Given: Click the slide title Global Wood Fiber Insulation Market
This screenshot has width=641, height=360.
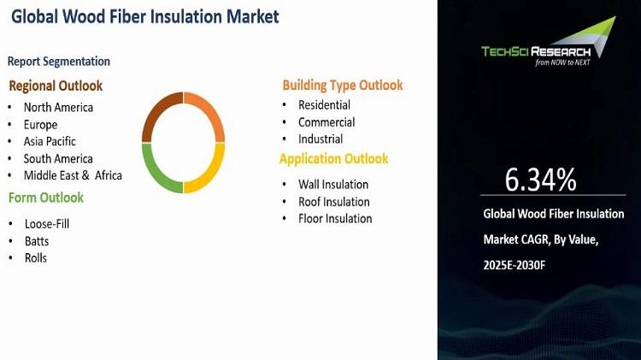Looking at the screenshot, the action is click(x=145, y=17).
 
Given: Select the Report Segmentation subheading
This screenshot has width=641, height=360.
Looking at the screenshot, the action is click(x=59, y=62).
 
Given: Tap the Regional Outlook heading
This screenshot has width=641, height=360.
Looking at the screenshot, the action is click(x=56, y=86).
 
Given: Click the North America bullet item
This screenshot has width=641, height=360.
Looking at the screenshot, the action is click(x=58, y=107).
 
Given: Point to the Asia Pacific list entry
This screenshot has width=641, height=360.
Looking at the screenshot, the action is click(x=50, y=142).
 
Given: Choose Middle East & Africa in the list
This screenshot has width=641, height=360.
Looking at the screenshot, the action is click(x=73, y=175).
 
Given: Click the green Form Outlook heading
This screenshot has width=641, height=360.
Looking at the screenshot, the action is click(x=46, y=198).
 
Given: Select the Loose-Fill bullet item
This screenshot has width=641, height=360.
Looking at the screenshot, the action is click(x=47, y=224).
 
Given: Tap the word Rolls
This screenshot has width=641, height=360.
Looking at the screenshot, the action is click(x=36, y=258).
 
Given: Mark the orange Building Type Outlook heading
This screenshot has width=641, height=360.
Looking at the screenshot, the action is click(x=343, y=86).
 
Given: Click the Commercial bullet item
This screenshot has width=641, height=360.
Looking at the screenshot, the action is click(x=326, y=122).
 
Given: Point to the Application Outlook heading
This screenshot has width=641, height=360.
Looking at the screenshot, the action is click(x=333, y=159).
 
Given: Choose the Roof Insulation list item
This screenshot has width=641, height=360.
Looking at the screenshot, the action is click(x=334, y=202).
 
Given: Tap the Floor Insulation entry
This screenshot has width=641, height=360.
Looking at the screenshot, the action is click(x=335, y=218).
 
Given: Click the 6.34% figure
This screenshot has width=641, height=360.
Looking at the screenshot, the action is click(x=540, y=180).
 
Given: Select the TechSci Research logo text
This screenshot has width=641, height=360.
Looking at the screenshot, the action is click(x=536, y=51).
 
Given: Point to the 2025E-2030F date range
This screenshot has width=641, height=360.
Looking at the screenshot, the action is click(x=515, y=265).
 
